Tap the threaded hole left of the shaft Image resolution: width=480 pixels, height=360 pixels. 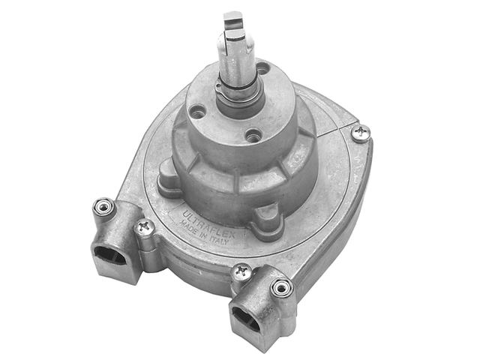(198, 112)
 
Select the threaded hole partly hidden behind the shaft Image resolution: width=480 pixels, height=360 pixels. (262, 69)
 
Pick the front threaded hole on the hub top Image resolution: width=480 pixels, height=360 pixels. (253, 136)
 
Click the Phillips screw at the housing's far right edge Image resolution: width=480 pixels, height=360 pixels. (361, 133)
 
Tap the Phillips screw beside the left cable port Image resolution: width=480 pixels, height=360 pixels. (145, 226)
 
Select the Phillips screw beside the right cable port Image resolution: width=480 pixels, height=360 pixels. (241, 272)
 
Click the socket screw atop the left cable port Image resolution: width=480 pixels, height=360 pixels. (103, 206)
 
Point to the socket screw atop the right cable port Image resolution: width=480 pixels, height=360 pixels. (281, 287)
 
